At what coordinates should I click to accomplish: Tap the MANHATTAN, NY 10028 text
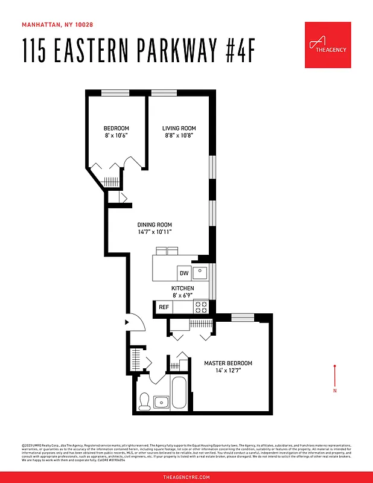point(57,25)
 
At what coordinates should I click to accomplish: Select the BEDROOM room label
point(116,129)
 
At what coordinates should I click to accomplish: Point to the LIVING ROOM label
point(179,129)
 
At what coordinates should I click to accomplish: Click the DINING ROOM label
point(155,225)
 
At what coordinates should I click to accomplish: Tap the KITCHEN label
point(182,289)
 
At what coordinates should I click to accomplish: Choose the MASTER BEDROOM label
point(228,363)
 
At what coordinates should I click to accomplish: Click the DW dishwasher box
point(184,273)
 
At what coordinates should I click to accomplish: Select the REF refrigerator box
point(164,307)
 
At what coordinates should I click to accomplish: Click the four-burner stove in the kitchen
point(201,307)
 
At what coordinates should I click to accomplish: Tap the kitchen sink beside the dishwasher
point(200,273)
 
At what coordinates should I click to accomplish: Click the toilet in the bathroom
point(144,401)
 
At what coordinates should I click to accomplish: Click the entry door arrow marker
point(126,322)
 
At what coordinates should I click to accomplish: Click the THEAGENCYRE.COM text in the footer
point(186,477)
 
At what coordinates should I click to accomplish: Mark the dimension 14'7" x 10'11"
point(155,232)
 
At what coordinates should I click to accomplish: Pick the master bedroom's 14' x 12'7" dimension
point(228,370)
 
